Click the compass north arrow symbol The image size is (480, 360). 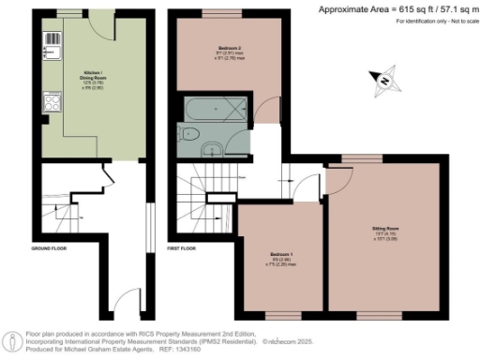pyautogui.click(x=382, y=82)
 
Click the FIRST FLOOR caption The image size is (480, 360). pyautogui.click(x=181, y=249)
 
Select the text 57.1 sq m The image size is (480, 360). pyautogui.click(x=451, y=7)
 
